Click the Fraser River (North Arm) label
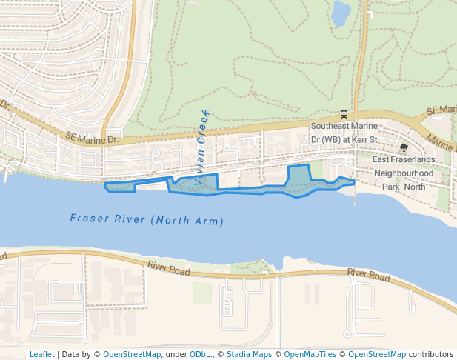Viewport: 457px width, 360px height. tap(147, 219)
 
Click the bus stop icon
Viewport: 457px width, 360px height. tap(344, 114)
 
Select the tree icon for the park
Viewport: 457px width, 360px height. tap(403, 148)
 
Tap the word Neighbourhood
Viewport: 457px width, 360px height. tap(404, 173)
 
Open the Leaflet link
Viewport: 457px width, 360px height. tap(41, 354)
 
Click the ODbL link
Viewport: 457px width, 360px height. tap(200, 354)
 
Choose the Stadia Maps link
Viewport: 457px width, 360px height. tap(249, 354)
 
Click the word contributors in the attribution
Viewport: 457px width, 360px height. tap(431, 354)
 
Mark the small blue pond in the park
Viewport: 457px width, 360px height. tap(341, 13)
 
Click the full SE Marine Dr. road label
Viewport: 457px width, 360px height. tap(92, 139)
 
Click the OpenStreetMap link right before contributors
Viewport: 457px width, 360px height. tap(377, 354)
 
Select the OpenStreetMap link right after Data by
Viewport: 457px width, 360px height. tap(131, 354)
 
